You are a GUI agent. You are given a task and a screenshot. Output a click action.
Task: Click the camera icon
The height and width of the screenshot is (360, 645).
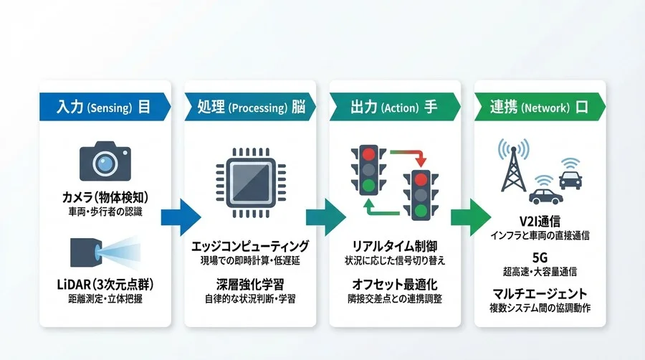tap(105, 161)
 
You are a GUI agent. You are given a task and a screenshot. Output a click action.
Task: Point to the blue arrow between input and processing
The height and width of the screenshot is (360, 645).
tap(179, 214)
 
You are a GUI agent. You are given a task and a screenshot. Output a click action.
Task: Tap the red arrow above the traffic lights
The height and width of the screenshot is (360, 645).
tap(403, 154)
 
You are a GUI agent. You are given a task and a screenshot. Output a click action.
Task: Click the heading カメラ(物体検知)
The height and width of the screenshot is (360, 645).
tap(105, 196)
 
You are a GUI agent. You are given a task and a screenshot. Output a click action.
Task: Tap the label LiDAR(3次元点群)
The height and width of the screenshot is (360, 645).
tap(105, 285)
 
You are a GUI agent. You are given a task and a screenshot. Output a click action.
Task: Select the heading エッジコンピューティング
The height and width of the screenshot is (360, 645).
tap(250, 246)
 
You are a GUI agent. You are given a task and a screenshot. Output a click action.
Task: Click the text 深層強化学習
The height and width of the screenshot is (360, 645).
tap(249, 284)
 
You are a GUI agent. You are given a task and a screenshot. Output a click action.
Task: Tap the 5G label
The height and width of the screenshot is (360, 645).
tap(540, 257)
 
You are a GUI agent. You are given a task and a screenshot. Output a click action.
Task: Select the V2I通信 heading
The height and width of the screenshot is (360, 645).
tap(540, 221)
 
